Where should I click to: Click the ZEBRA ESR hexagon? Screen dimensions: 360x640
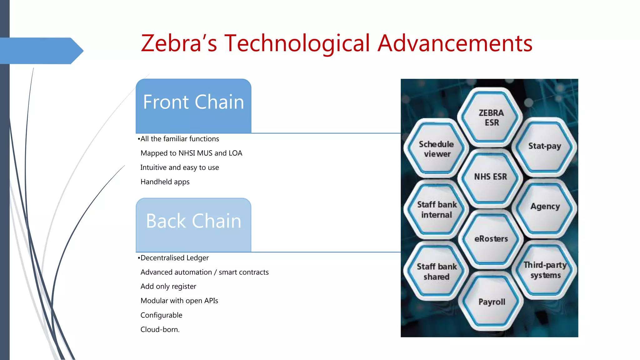coord(491,117)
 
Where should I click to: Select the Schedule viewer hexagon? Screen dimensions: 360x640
coord(437,149)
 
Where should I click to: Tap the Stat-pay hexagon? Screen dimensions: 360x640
coord(545,146)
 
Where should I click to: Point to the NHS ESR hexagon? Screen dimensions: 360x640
coord(491,177)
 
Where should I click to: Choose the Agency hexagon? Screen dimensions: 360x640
coord(545,207)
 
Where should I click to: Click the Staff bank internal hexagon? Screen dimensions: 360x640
coord(437,210)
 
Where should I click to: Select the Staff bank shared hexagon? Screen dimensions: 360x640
coord(437,272)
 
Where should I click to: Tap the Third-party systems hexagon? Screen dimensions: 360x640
coord(545,270)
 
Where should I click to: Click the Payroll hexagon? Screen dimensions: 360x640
coord(492,302)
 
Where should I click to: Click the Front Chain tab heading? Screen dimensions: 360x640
coord(193,102)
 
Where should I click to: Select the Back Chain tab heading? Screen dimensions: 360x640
coord(193,221)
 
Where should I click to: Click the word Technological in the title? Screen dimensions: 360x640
coord(297,43)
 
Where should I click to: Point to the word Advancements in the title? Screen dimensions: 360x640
coord(455,43)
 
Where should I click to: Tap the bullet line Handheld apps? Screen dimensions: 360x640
coord(165,182)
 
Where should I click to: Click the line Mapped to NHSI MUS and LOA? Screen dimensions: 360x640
coord(191,153)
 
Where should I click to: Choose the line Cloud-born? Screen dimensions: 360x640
coord(160,329)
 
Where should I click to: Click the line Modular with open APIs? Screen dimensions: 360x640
coord(179,301)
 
